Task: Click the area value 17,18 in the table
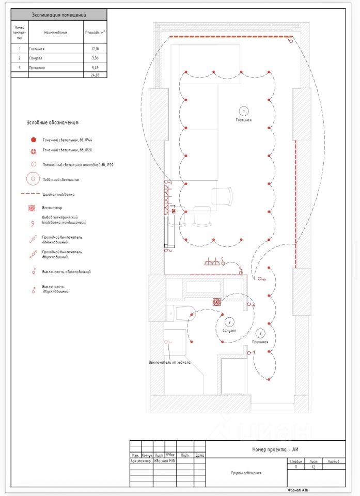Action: click(x=95, y=49)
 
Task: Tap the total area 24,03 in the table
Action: click(x=95, y=75)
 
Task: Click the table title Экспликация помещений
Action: click(x=58, y=15)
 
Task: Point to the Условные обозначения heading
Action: click(x=52, y=123)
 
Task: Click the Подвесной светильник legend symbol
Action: click(x=33, y=179)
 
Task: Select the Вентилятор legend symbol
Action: click(x=33, y=208)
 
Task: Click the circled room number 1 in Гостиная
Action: click(x=243, y=111)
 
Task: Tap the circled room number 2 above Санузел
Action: click(x=229, y=322)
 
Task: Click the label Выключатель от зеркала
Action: click(x=169, y=362)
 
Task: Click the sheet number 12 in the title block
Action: click(x=313, y=467)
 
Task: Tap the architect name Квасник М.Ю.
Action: click(x=165, y=461)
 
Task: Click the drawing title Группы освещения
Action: click(x=246, y=472)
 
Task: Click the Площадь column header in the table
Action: click(x=95, y=32)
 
